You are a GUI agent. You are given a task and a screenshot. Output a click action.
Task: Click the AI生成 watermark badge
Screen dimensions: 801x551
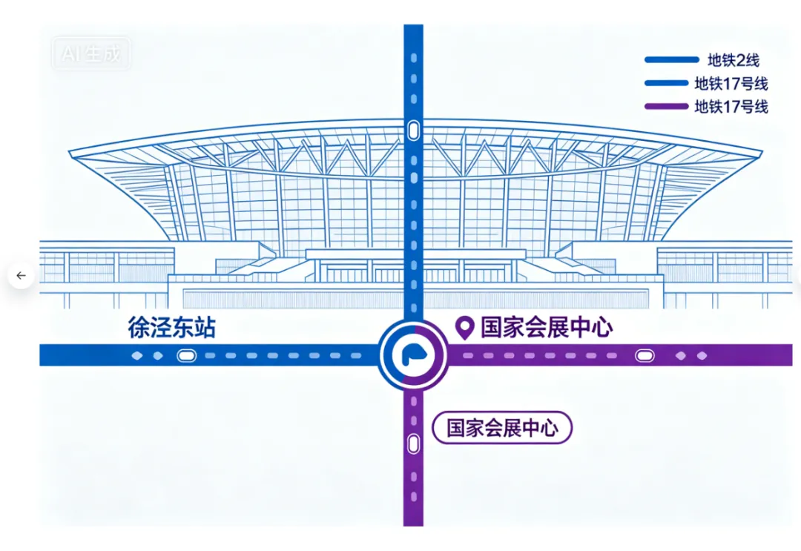click(x=90, y=54)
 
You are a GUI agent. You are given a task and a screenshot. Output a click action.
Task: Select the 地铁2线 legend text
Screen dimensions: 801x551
click(x=733, y=61)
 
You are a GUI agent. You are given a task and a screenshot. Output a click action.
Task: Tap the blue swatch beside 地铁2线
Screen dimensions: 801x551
click(x=672, y=60)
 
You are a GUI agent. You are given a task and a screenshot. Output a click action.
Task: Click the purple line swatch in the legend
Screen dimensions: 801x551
click(x=672, y=107)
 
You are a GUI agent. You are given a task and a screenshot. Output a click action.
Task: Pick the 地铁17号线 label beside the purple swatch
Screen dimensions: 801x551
click(x=731, y=107)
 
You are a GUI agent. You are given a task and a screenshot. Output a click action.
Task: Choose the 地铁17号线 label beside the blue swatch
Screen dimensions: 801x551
click(x=731, y=84)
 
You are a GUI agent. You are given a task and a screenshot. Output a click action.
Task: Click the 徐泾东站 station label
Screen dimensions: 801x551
click(x=171, y=328)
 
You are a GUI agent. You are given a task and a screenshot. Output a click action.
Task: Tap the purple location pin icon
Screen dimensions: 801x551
click(x=464, y=326)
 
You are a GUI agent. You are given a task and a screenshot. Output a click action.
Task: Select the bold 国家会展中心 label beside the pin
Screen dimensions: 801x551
click(x=547, y=327)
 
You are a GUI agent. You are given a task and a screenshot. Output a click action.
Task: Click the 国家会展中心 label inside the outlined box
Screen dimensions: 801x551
click(x=502, y=428)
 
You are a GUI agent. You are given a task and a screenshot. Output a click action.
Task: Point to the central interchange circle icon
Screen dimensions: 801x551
click(x=413, y=355)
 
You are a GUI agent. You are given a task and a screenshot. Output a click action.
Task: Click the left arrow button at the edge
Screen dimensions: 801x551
click(x=21, y=276)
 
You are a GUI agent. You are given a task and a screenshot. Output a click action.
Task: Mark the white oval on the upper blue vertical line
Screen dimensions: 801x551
click(x=413, y=131)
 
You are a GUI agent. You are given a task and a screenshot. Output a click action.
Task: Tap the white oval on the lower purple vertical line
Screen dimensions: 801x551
click(x=413, y=444)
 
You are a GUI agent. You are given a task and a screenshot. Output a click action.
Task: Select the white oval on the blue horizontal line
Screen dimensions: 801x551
click(x=186, y=356)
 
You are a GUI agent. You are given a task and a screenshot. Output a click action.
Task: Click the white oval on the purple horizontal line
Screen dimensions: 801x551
click(x=645, y=356)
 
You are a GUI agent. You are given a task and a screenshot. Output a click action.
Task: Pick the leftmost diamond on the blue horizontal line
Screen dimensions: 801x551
click(x=136, y=356)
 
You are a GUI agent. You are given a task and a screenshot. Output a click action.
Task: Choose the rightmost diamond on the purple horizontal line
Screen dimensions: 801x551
click(x=702, y=356)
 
